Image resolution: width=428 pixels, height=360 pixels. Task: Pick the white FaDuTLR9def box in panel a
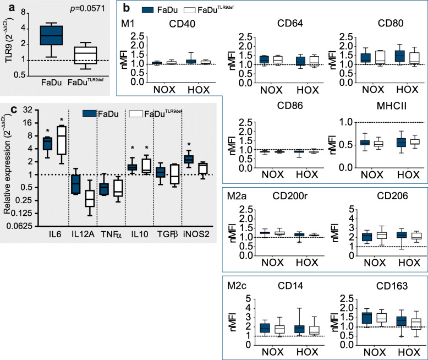pos(85,55)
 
